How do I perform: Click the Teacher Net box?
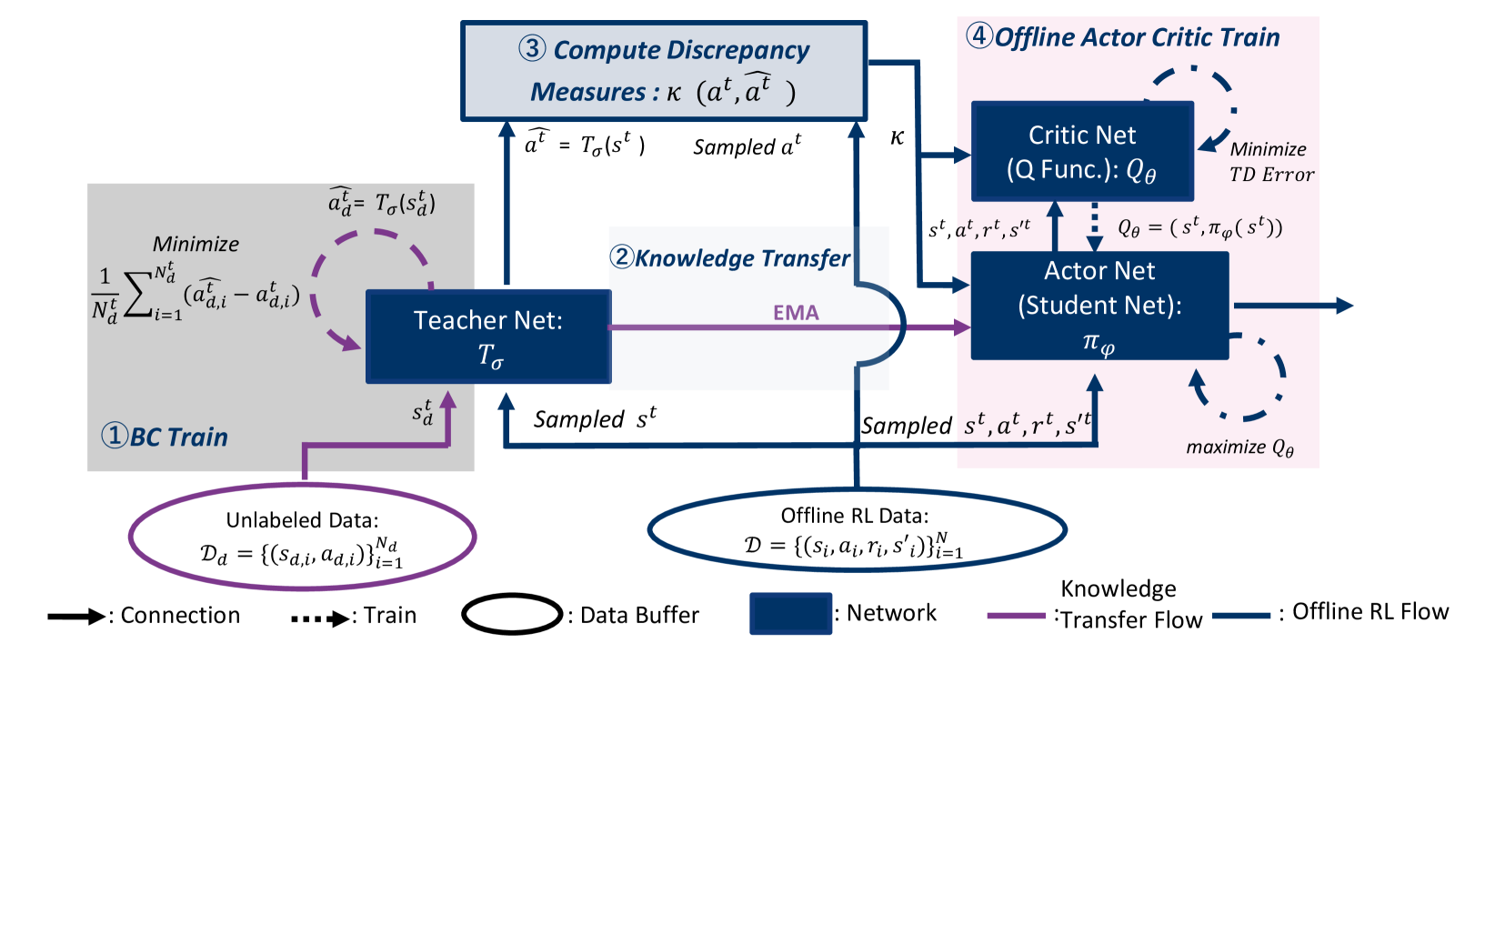(x=488, y=337)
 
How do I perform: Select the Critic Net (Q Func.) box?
(x=1082, y=151)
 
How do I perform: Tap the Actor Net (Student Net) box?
(x=1099, y=306)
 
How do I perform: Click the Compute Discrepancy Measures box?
(x=664, y=71)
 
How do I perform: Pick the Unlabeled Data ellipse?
(x=302, y=537)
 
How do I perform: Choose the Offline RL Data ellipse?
(x=856, y=529)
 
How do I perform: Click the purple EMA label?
(x=796, y=313)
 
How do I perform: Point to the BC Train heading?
(x=166, y=437)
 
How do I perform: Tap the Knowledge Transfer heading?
(x=731, y=258)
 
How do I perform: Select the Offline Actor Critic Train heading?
(x=1123, y=37)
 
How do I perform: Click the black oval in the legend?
(x=512, y=615)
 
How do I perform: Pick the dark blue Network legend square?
(x=790, y=613)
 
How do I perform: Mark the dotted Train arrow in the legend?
(x=320, y=618)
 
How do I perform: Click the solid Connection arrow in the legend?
(x=76, y=617)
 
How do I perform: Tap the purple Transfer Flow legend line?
(x=1017, y=616)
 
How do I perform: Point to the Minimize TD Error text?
(x=1271, y=162)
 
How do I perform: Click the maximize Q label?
(x=1239, y=447)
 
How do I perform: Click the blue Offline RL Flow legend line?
(x=1240, y=616)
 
